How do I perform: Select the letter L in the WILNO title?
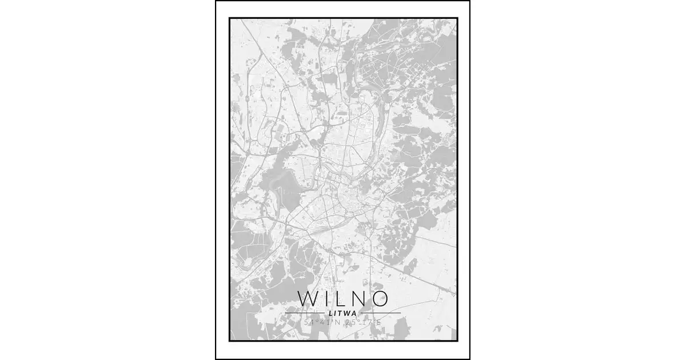(x=341, y=299)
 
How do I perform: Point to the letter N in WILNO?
(x=360, y=299)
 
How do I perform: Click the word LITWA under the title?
(x=343, y=313)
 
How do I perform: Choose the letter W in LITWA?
(x=347, y=313)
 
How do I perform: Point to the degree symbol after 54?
(x=316, y=321)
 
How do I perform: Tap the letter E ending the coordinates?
(x=378, y=323)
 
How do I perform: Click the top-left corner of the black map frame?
(x=230, y=18)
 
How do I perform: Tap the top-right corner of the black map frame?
(x=457, y=18)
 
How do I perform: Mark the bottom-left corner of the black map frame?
(x=230, y=341)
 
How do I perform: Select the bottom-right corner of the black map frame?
(x=457, y=341)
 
